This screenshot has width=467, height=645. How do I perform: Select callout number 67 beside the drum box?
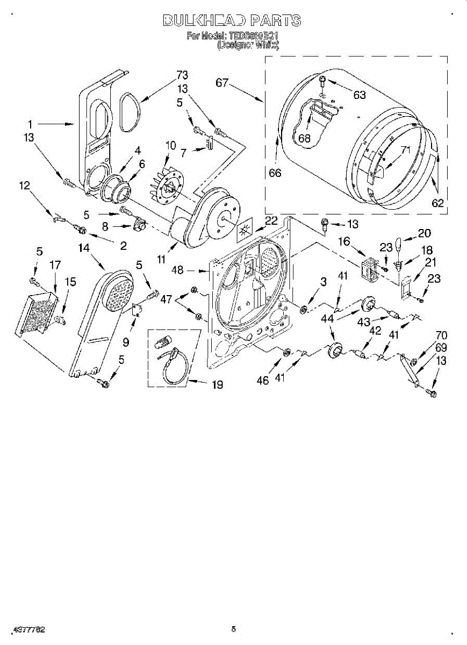(222, 83)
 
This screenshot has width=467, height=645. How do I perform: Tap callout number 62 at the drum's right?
(438, 203)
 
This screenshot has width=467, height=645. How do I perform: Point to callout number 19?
(218, 385)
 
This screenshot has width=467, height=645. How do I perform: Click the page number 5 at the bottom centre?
(233, 629)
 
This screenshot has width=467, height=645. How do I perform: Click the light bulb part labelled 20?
(399, 244)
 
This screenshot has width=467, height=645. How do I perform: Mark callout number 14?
(84, 248)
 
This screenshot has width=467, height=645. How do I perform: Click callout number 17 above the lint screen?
(55, 265)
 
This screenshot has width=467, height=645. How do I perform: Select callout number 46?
(263, 381)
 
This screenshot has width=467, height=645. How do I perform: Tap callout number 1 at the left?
(32, 124)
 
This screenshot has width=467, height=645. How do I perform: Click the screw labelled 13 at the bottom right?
(431, 394)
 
